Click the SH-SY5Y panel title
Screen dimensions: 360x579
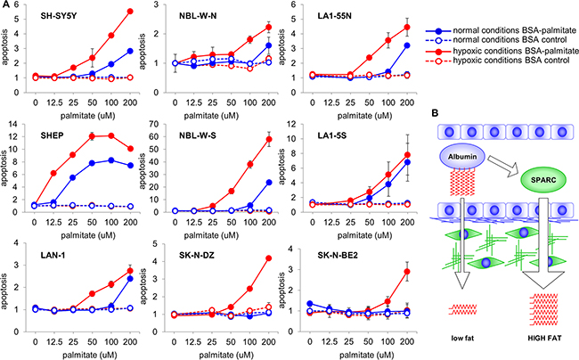pyautogui.click(x=53, y=17)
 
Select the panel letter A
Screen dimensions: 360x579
pyautogui.click(x=7, y=7)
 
